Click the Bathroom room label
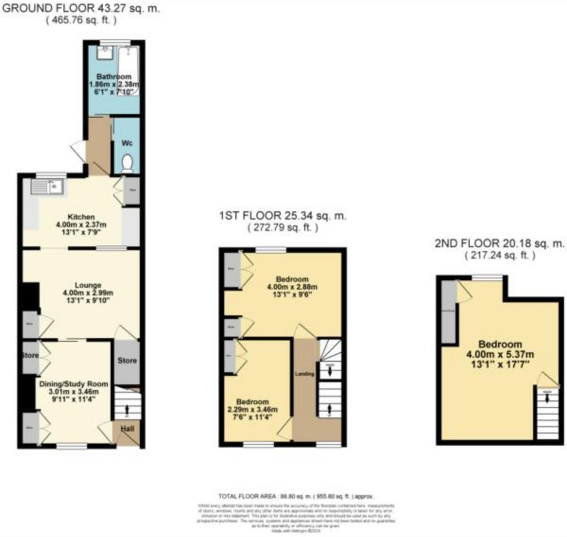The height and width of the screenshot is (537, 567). coord(114,77)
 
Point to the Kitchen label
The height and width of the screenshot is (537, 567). coord(81,217)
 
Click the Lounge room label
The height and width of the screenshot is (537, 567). coord(88,285)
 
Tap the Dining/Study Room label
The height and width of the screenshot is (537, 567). coord(74,384)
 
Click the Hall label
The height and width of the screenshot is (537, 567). coord(127,429)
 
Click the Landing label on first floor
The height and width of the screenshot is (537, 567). coord(305,374)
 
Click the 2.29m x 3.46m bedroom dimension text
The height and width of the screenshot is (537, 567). coord(252,409)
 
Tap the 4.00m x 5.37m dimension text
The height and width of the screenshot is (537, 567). coord(500,354)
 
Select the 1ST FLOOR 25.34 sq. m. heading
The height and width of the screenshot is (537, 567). coord(283,216)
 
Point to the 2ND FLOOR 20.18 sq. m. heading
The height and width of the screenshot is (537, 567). coord(499,243)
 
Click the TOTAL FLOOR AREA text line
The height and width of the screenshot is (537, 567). coord(295,496)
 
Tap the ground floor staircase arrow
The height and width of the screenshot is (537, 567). coord(127,408)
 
